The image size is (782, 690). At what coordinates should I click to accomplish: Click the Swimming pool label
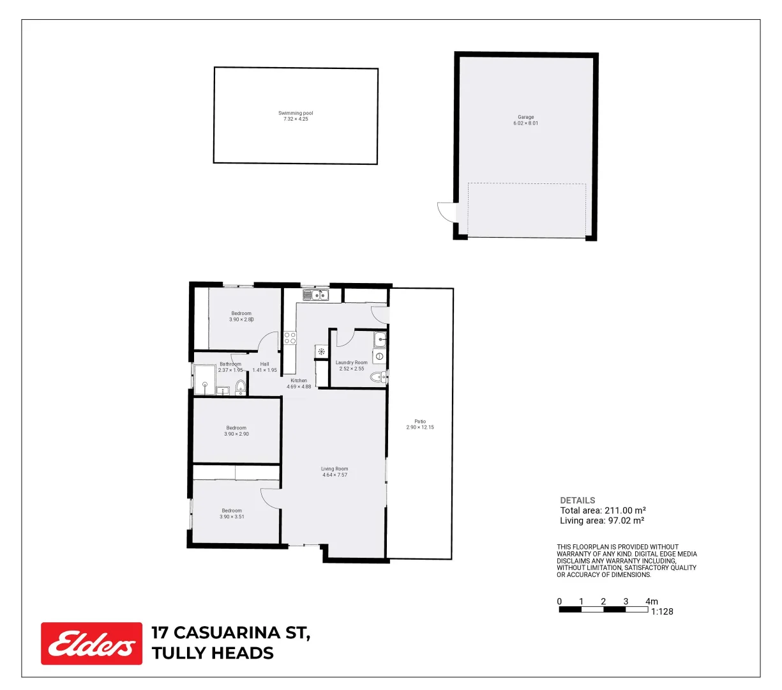click(x=296, y=113)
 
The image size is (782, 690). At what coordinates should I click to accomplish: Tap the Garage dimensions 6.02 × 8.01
click(x=525, y=123)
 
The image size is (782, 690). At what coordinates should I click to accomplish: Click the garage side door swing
click(x=445, y=211)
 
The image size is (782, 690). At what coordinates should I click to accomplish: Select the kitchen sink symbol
click(x=315, y=295)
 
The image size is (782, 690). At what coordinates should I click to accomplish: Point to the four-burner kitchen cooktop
click(x=290, y=338)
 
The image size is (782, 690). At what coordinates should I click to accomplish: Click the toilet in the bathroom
click(x=241, y=387)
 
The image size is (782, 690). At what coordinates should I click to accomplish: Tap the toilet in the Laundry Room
click(x=379, y=377)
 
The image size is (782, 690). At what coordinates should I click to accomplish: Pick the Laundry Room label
click(x=352, y=362)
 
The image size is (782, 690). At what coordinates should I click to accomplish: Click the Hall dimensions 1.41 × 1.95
click(x=264, y=371)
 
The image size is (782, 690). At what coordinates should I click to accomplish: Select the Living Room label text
click(x=335, y=469)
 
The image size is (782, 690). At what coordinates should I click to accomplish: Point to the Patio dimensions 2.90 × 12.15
click(x=420, y=427)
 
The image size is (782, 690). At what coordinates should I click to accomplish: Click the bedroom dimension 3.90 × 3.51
click(x=232, y=517)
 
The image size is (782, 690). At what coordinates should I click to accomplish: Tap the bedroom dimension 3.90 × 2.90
click(x=236, y=434)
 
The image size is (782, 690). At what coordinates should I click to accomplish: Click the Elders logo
click(x=91, y=643)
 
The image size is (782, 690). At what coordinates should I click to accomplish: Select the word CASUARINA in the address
click(x=236, y=633)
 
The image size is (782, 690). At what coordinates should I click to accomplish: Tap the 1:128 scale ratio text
click(x=662, y=611)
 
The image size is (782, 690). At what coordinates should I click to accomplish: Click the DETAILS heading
click(x=577, y=500)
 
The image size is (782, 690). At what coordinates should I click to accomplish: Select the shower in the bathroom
click(x=205, y=379)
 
